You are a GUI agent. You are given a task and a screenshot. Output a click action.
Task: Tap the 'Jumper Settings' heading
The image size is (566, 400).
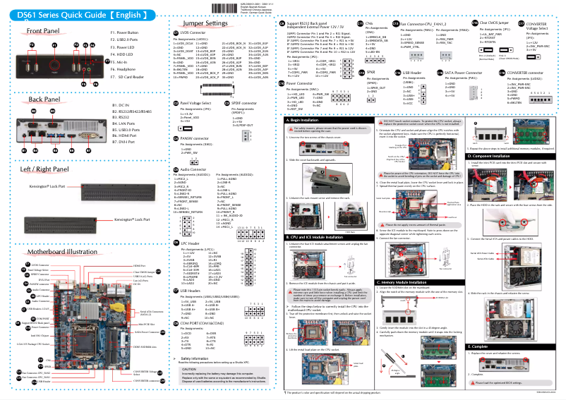click(205, 23)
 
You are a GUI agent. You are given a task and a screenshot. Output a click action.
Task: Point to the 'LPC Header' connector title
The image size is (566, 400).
click(191, 242)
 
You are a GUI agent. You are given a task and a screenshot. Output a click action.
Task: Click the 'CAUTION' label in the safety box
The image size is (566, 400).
click(189, 368)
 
